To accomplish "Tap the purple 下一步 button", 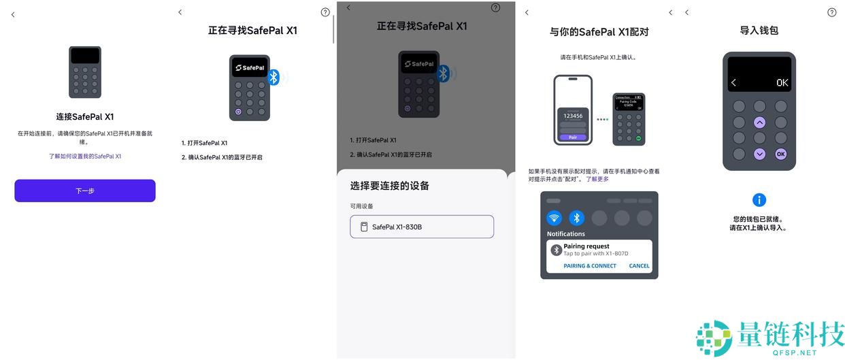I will pos(85,191).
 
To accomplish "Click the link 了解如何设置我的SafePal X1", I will pos(85,157).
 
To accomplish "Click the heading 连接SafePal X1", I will pos(85,116).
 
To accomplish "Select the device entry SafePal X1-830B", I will pos(422,227).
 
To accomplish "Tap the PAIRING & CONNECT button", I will pos(590,266).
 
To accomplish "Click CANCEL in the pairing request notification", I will pos(639,266).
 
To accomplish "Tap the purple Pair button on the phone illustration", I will pos(572,137).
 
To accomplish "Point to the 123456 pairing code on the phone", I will pos(572,116).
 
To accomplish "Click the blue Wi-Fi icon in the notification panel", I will pos(554,218).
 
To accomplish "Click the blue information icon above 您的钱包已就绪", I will pos(759,200).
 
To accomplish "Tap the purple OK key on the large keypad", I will pos(781,154).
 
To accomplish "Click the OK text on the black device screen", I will pos(782,83).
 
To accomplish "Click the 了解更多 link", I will pos(597,180).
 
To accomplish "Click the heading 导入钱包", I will pos(759,31).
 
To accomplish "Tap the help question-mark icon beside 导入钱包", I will pos(831,12).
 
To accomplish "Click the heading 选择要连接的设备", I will pos(390,186).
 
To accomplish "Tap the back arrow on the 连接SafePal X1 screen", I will pos(13,15).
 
